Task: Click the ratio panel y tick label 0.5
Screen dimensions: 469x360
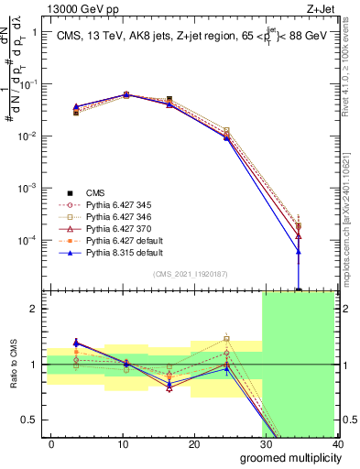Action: (30, 420)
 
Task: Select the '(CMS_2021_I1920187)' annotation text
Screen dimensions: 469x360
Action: (193, 274)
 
